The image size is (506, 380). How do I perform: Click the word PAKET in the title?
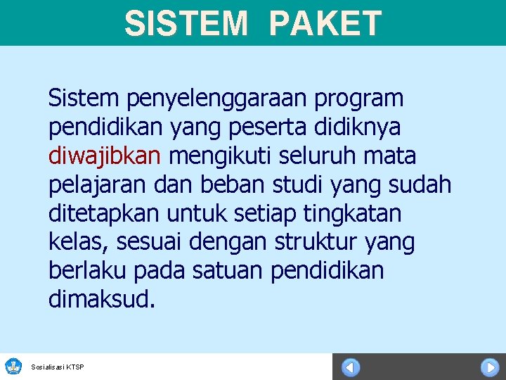325,23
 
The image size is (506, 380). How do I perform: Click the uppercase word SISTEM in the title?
186,23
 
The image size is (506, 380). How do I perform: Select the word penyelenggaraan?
200,99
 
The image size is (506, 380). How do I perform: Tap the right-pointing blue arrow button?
489,367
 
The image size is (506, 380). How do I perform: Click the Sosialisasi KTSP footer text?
58,367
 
